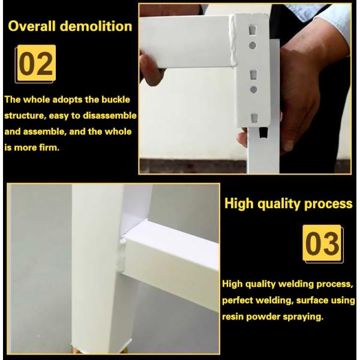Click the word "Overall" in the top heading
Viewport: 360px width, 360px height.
coord(32,26)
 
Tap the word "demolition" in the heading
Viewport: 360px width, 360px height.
coord(96,26)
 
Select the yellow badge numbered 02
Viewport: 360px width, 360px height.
coord(37,62)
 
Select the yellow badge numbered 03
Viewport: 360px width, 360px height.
coord(322,243)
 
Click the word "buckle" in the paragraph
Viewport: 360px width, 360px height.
coord(116,100)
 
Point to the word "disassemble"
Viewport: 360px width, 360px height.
coord(110,115)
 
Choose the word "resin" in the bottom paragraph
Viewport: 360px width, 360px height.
coord(233,317)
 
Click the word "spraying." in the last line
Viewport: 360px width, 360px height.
coord(303,317)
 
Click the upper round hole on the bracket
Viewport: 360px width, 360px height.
coord(253,46)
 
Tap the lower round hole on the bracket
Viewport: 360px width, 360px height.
coord(253,89)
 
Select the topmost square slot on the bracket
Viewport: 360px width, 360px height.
coord(253,30)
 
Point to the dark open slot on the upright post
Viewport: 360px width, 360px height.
coord(263,133)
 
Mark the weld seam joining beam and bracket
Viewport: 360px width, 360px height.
coord(234,41)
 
